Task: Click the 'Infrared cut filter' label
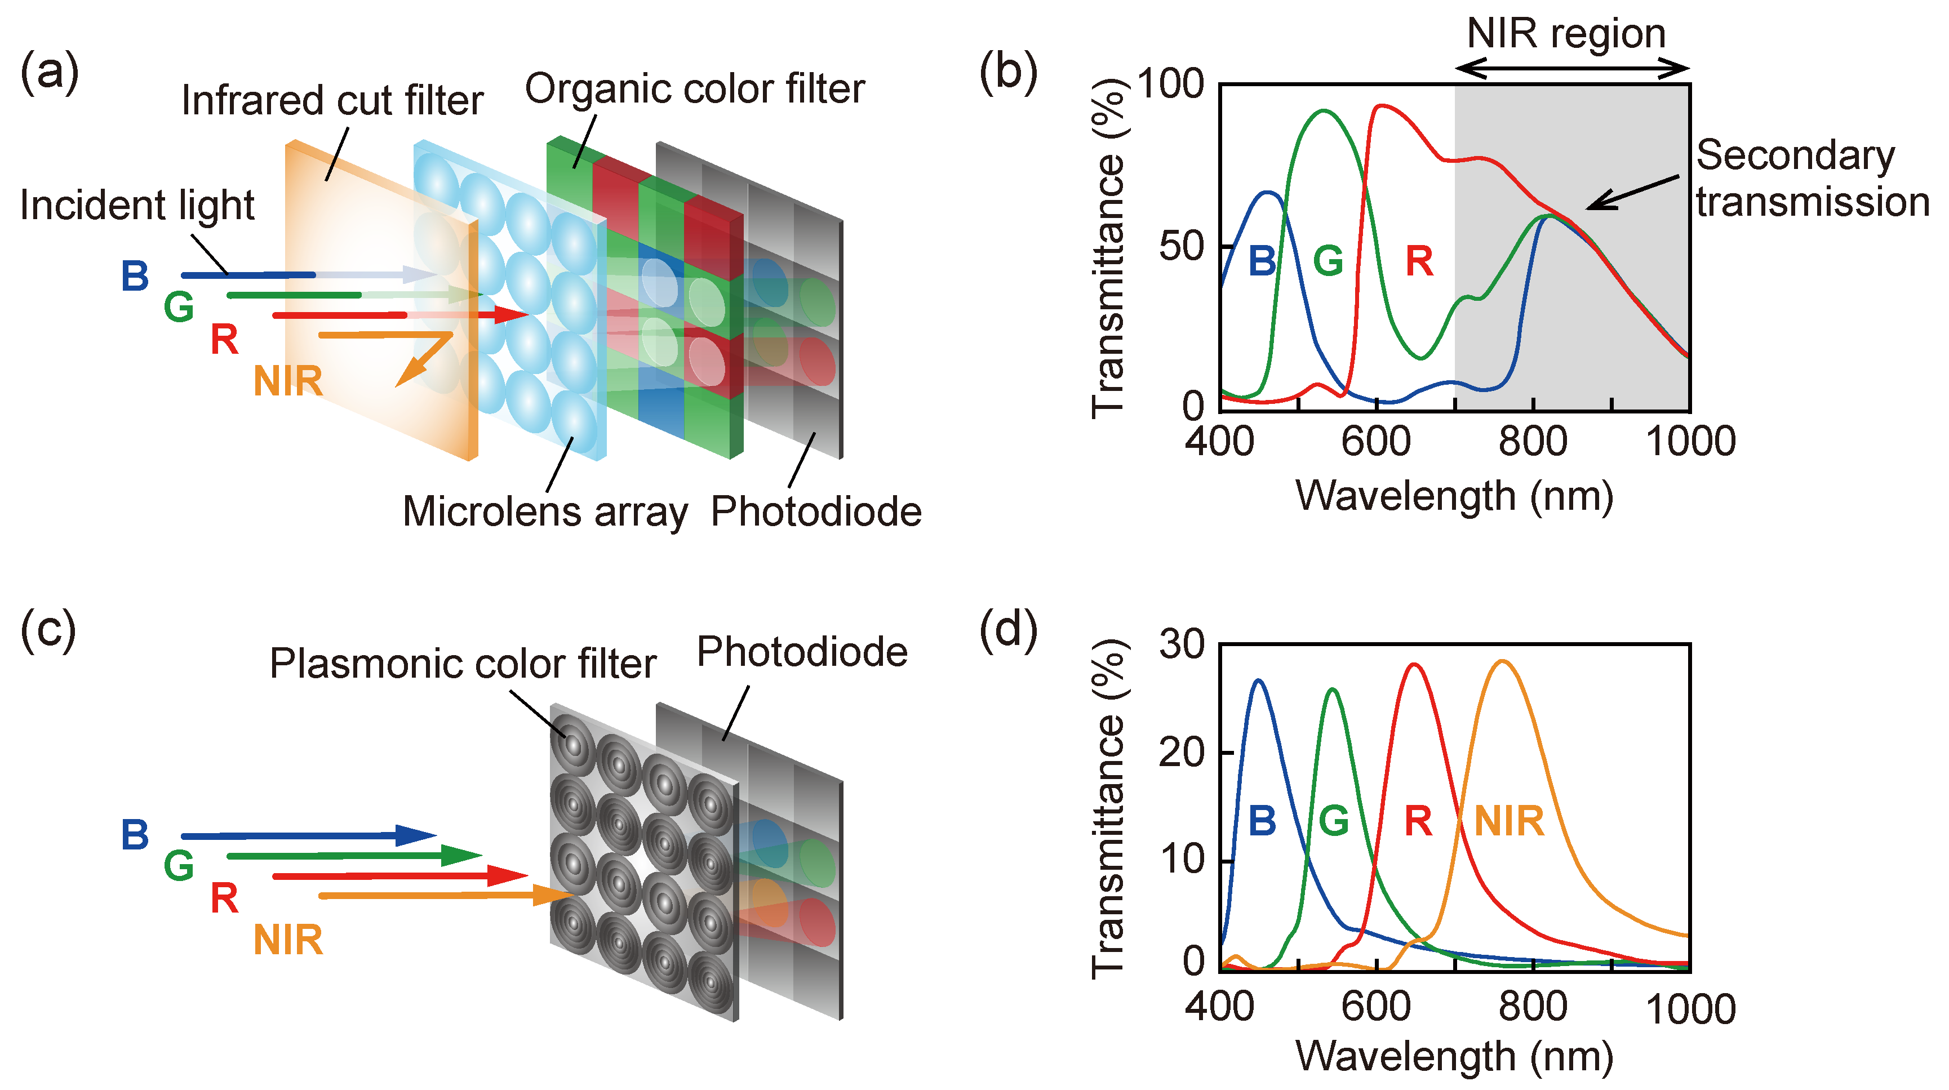coord(332,101)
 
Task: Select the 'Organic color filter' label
coord(695,88)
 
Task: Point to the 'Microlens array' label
coord(545,511)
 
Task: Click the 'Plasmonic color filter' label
coord(462,664)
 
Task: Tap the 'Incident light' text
coord(137,205)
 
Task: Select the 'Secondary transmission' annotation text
coord(1812,179)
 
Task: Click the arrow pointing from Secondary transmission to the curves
coord(1631,192)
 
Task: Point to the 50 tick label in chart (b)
coord(1180,247)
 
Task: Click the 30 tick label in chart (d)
coord(1181,644)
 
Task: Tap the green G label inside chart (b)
coord(1328,262)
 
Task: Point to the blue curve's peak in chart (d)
coord(1258,681)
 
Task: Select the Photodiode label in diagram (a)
coord(816,511)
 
